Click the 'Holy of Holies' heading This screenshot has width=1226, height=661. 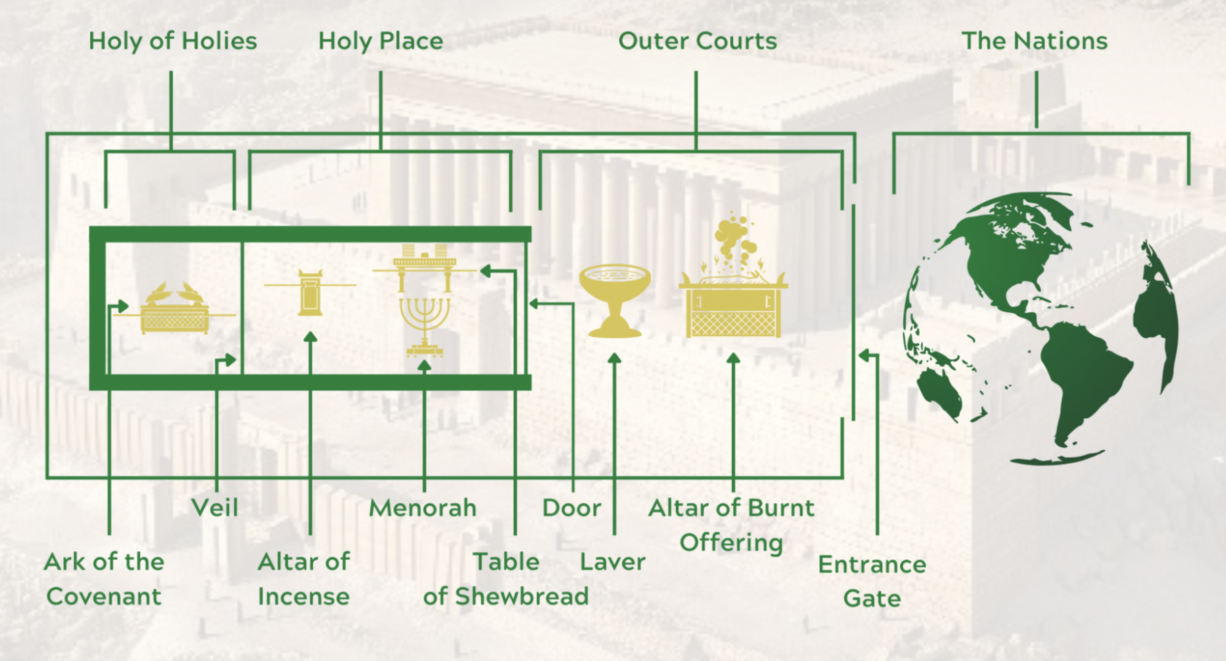coord(173,41)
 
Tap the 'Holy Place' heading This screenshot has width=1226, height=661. coord(381,41)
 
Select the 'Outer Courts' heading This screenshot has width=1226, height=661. coord(697,41)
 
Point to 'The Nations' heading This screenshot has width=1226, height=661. coord(1034,41)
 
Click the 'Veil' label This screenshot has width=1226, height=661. coord(215,508)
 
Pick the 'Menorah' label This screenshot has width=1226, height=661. coord(422,508)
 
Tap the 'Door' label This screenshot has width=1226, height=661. coord(571,508)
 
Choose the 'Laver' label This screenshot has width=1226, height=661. coord(613,562)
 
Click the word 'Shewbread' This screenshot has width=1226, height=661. coord(522,597)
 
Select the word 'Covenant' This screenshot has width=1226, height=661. coord(104,597)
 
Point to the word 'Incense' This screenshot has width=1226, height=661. coord(304,597)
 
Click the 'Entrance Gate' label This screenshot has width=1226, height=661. coord(872,581)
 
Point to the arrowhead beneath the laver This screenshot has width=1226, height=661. coord(614,358)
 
